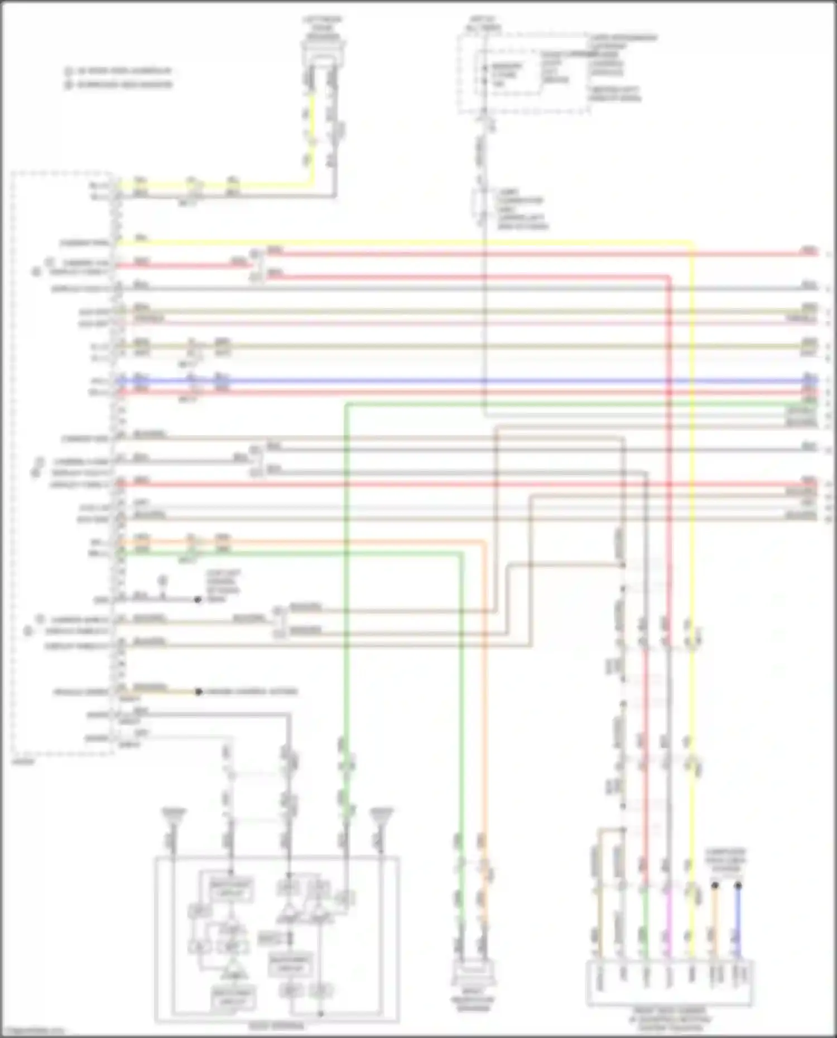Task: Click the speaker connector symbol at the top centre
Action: tap(323, 54)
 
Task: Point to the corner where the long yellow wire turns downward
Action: tap(692, 243)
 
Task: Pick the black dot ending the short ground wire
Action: tap(198, 600)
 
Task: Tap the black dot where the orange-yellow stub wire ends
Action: tap(199, 692)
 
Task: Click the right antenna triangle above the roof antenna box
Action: tap(381, 816)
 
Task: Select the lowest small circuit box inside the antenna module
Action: tap(233, 998)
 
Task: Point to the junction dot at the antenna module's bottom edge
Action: tap(320, 1013)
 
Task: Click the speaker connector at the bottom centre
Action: tap(473, 974)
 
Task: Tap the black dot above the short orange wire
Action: tap(715, 885)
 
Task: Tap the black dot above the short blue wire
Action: tap(738, 885)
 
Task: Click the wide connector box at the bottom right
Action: tap(670, 983)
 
